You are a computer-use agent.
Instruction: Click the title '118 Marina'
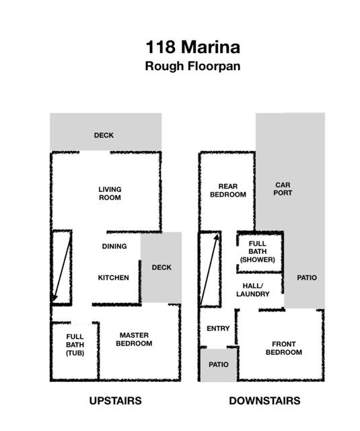click(x=192, y=47)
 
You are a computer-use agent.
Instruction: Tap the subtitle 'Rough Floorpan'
click(x=192, y=66)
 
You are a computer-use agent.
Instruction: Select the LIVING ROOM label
click(x=110, y=193)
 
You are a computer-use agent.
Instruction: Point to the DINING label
click(x=114, y=246)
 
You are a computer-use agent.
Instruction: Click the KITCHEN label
click(x=114, y=277)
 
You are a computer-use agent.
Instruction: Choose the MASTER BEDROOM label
click(x=134, y=339)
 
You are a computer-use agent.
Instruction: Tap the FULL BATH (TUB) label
click(x=75, y=345)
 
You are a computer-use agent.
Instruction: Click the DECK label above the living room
click(x=104, y=135)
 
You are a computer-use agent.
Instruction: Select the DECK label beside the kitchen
click(x=161, y=267)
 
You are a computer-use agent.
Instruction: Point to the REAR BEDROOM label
click(x=228, y=191)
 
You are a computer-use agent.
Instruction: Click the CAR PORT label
click(x=283, y=189)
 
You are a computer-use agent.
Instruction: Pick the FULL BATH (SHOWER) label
click(x=257, y=251)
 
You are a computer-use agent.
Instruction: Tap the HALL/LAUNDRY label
click(x=252, y=290)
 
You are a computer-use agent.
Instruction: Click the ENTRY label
click(x=218, y=329)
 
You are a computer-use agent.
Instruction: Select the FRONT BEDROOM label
click(x=284, y=348)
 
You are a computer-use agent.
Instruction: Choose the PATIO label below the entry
click(x=219, y=365)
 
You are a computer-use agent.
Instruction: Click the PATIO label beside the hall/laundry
click(x=307, y=278)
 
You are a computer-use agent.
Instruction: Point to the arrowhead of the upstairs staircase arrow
click(x=55, y=298)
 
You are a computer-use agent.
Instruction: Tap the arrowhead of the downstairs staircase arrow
click(x=217, y=237)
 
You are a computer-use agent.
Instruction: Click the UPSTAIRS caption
click(x=115, y=401)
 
